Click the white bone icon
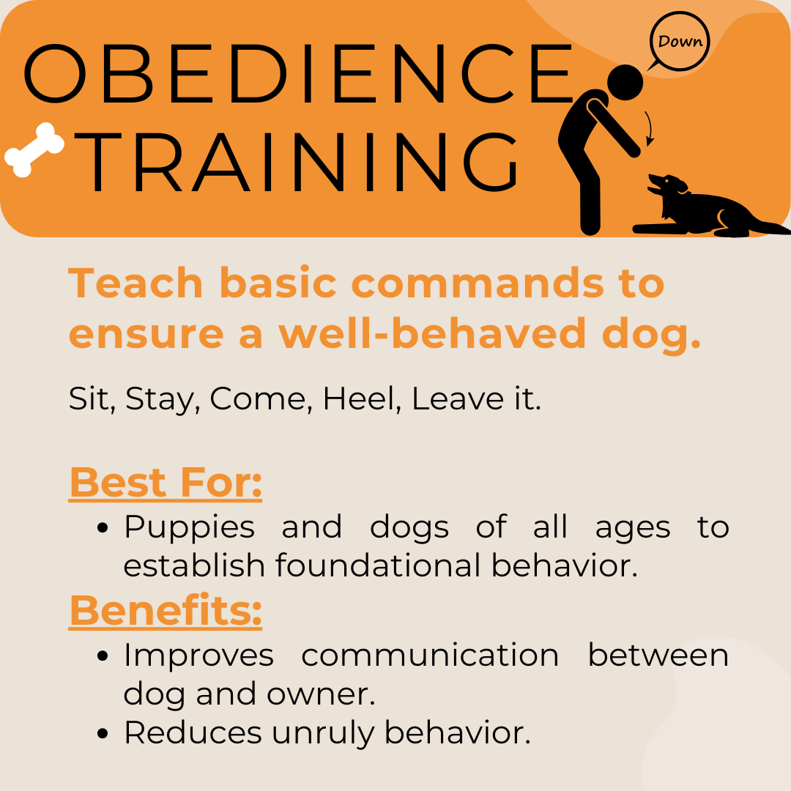[34, 150]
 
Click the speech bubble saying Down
[679, 41]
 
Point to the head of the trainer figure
[625, 82]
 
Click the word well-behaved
[432, 333]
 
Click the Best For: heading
[166, 482]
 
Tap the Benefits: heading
[166, 610]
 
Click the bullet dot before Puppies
[103, 528]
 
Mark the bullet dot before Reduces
[103, 733]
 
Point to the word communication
[431, 656]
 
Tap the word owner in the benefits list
[321, 695]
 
